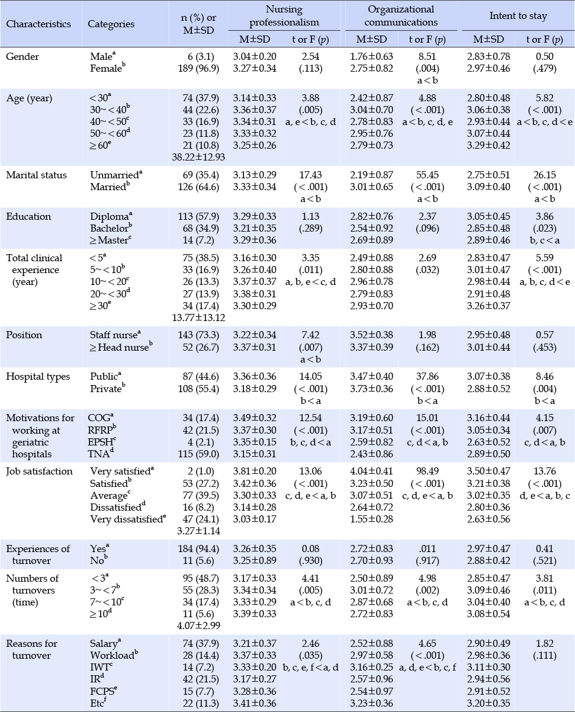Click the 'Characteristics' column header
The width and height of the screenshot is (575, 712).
click(x=38, y=24)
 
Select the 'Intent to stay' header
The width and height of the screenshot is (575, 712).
click(x=518, y=16)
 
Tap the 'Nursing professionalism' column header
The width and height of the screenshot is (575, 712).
click(x=284, y=16)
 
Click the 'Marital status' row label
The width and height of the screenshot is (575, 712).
click(x=36, y=175)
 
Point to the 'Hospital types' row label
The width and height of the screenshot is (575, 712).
click(x=38, y=376)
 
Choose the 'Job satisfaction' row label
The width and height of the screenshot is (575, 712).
click(x=39, y=471)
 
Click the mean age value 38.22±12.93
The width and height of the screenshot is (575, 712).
click(x=198, y=157)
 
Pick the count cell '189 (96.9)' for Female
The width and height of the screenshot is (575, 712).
click(x=198, y=68)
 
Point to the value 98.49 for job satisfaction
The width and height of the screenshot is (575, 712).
click(x=428, y=471)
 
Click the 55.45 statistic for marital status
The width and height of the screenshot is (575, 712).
click(x=428, y=175)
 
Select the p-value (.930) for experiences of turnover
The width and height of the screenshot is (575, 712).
click(x=311, y=560)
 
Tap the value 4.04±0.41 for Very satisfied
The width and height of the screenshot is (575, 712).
click(x=371, y=471)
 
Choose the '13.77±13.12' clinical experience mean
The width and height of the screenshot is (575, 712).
click(x=198, y=317)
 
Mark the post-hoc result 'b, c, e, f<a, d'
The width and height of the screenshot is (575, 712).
click(x=311, y=667)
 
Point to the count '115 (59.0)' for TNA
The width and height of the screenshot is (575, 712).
click(x=198, y=454)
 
